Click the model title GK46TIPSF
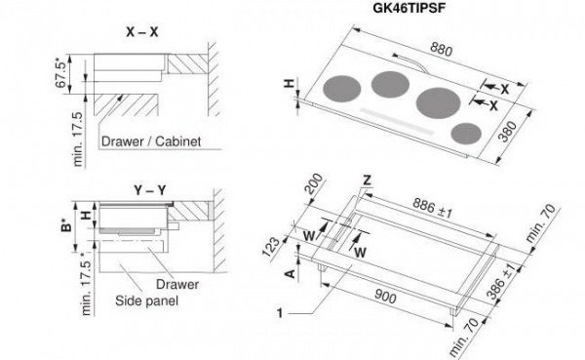tap(409, 8)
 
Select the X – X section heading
tap(142, 32)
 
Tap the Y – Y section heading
tap(150, 190)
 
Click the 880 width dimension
tap(442, 49)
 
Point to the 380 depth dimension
tap(508, 132)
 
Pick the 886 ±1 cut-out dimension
tap(432, 208)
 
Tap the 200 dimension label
tap(313, 183)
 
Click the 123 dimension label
tap(271, 247)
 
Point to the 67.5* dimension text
tap(62, 73)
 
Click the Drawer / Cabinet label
tap(151, 141)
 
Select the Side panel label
tap(146, 300)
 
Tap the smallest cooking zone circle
tap(466, 134)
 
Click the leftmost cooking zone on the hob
tap(342, 89)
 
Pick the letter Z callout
tap(368, 180)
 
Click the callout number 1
tap(280, 313)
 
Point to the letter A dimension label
tap(291, 274)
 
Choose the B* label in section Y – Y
tap(66, 227)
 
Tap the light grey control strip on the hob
tap(397, 121)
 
